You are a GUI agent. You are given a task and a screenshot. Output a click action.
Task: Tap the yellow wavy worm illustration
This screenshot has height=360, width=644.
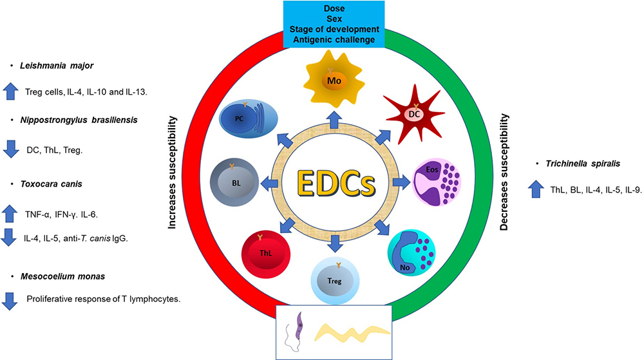351,332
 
